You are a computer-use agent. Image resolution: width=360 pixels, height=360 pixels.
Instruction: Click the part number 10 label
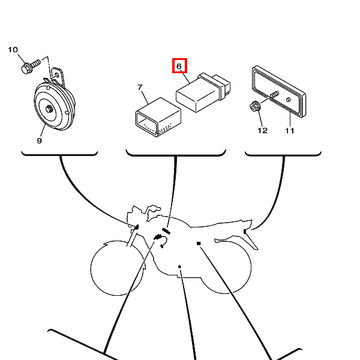pos(13,50)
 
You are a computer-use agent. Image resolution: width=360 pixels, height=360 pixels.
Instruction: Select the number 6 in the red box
pos(179,67)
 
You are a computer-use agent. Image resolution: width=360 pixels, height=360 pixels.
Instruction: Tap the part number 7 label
pos(140,87)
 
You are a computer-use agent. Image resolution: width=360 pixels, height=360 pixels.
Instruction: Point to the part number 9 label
pos(39,140)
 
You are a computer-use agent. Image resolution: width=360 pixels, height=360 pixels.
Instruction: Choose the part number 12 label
pos(262,131)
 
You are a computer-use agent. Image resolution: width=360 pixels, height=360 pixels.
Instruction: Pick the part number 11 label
pos(290,131)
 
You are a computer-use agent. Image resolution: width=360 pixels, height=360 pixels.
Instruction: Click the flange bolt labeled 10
pos(31,66)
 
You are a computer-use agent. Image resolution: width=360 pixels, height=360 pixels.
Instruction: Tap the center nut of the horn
pos(49,109)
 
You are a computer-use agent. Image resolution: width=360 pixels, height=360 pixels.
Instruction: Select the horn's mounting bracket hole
pos(57,75)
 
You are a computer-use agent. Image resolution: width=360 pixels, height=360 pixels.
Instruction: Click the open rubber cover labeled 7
pos(158,117)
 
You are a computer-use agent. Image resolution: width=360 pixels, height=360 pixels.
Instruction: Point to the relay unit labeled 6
pos(203,92)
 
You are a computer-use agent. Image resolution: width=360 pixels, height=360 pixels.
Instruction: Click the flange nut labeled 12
pos(255,106)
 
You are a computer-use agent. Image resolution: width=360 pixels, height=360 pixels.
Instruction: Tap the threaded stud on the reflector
pos(275,94)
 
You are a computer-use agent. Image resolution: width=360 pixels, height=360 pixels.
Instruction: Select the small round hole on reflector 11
pos(289,100)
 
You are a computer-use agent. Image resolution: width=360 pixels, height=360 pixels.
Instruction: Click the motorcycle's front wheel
pos(117,268)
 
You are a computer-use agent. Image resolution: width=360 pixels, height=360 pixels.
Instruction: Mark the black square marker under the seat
pos(199,244)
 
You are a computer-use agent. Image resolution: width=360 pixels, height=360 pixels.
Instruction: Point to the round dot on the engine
pos(179,266)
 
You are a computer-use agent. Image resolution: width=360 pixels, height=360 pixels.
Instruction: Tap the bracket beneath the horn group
pos(59,154)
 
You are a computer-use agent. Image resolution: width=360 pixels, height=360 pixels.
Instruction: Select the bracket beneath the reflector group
pos(283,154)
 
